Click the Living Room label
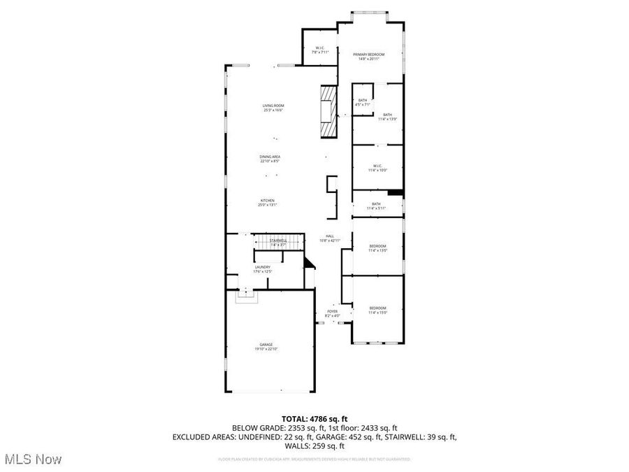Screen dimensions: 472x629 click(x=273, y=108)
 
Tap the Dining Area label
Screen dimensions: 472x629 click(x=270, y=159)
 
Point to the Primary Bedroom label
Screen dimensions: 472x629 click(x=368, y=56)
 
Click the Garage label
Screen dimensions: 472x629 click(x=266, y=346)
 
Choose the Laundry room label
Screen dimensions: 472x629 click(x=263, y=269)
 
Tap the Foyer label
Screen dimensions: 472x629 click(x=332, y=313)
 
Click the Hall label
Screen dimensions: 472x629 click(x=329, y=238)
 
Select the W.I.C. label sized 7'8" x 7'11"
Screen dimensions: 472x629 click(x=319, y=49)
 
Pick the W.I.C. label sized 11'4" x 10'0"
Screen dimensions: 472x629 click(x=377, y=168)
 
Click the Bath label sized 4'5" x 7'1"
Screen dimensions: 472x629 click(x=363, y=102)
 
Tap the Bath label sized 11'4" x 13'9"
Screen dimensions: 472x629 click(x=387, y=116)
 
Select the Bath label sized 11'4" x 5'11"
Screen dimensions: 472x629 click(x=376, y=206)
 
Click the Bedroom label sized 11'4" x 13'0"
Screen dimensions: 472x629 click(x=377, y=248)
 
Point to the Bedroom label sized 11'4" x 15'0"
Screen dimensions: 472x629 click(x=377, y=310)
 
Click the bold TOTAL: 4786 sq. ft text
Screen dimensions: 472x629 click(x=314, y=418)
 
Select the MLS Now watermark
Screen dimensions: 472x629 click(x=33, y=459)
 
